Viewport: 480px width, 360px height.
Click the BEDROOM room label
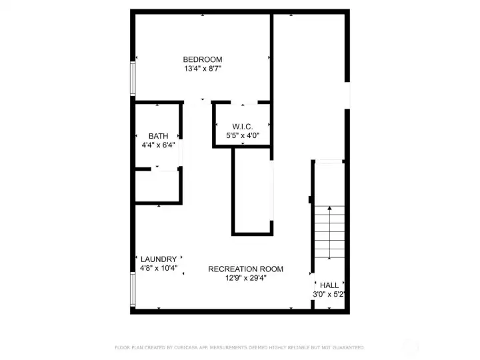click(203, 59)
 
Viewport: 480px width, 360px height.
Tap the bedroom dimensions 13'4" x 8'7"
click(203, 68)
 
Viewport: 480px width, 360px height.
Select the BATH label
click(158, 136)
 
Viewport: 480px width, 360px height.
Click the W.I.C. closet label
click(242, 127)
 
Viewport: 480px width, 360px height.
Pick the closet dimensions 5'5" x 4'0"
click(242, 135)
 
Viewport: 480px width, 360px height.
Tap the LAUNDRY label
click(159, 259)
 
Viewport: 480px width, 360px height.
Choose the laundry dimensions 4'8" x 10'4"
click(159, 268)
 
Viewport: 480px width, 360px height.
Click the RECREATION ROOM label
click(245, 269)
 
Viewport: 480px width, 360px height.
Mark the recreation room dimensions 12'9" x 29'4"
click(245, 278)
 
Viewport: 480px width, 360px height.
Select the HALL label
click(329, 285)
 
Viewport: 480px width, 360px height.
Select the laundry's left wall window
click(132, 288)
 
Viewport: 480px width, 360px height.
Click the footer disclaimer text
click(239, 347)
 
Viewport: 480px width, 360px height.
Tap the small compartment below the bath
click(158, 187)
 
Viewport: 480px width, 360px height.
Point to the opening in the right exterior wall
click(347, 95)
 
